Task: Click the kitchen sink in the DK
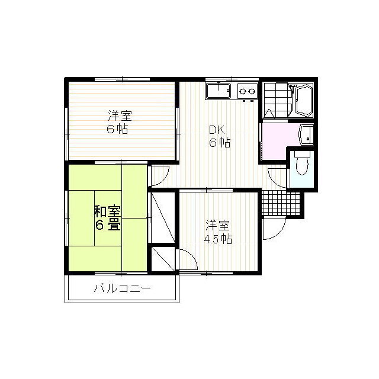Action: click(x=220, y=92)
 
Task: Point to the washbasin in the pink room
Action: click(x=306, y=134)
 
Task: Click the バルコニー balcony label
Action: click(x=123, y=290)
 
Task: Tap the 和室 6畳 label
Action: click(x=107, y=217)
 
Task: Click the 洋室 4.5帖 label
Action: click(x=218, y=232)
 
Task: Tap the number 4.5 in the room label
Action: click(x=212, y=239)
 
